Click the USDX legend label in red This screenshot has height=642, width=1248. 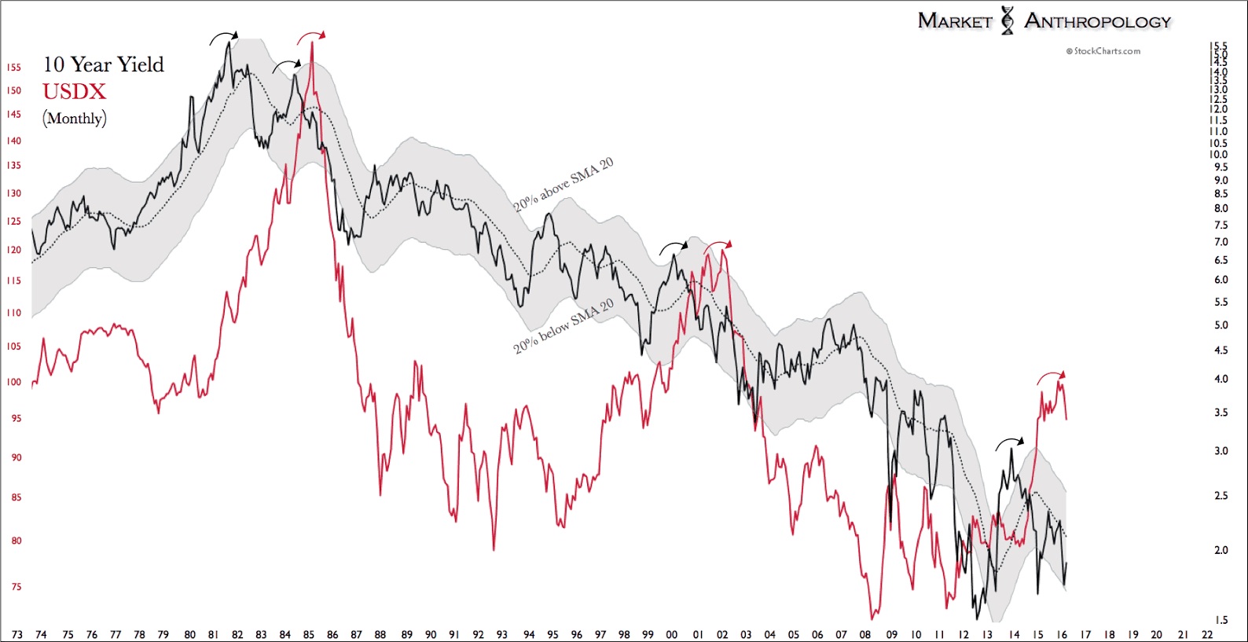click(74, 92)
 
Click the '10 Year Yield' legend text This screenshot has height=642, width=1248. click(103, 64)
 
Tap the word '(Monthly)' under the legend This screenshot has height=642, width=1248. click(75, 119)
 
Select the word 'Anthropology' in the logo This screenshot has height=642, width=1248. click(1097, 21)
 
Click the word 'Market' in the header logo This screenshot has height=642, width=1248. click(955, 21)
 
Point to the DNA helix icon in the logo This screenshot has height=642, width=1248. click(1008, 20)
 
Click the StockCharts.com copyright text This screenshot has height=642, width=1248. click(1103, 51)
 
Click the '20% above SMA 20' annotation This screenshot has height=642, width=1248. click(563, 185)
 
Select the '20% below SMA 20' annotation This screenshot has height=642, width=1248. click(563, 327)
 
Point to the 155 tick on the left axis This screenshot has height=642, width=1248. click(14, 68)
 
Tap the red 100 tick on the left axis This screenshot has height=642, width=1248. click(14, 383)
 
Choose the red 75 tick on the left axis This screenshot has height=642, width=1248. click(16, 587)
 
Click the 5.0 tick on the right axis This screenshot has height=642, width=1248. click(1220, 325)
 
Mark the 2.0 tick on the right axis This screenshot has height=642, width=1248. click(1220, 550)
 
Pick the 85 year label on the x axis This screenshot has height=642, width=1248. click(309, 635)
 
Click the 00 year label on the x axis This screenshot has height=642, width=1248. click(671, 635)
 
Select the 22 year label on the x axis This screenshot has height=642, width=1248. click(1207, 635)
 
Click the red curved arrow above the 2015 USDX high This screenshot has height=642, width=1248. click(1051, 376)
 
